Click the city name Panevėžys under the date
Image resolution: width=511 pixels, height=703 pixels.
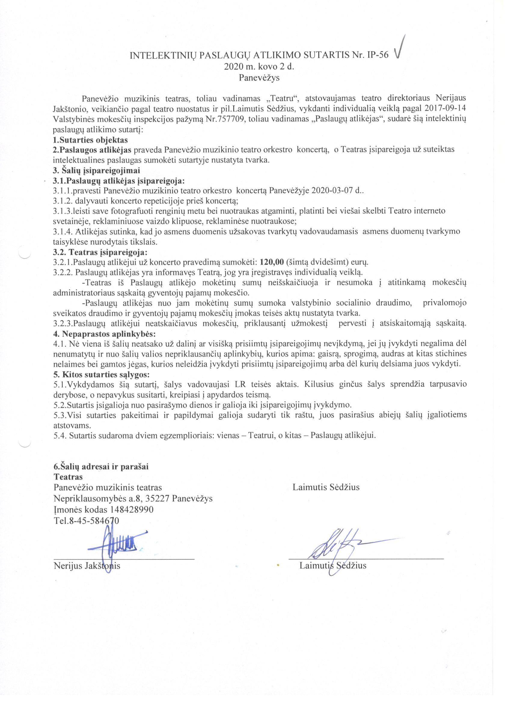(x=259, y=78)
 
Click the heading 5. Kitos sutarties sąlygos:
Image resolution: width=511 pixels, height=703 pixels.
(x=101, y=374)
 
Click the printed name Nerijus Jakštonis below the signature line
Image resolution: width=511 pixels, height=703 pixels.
(x=87, y=566)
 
